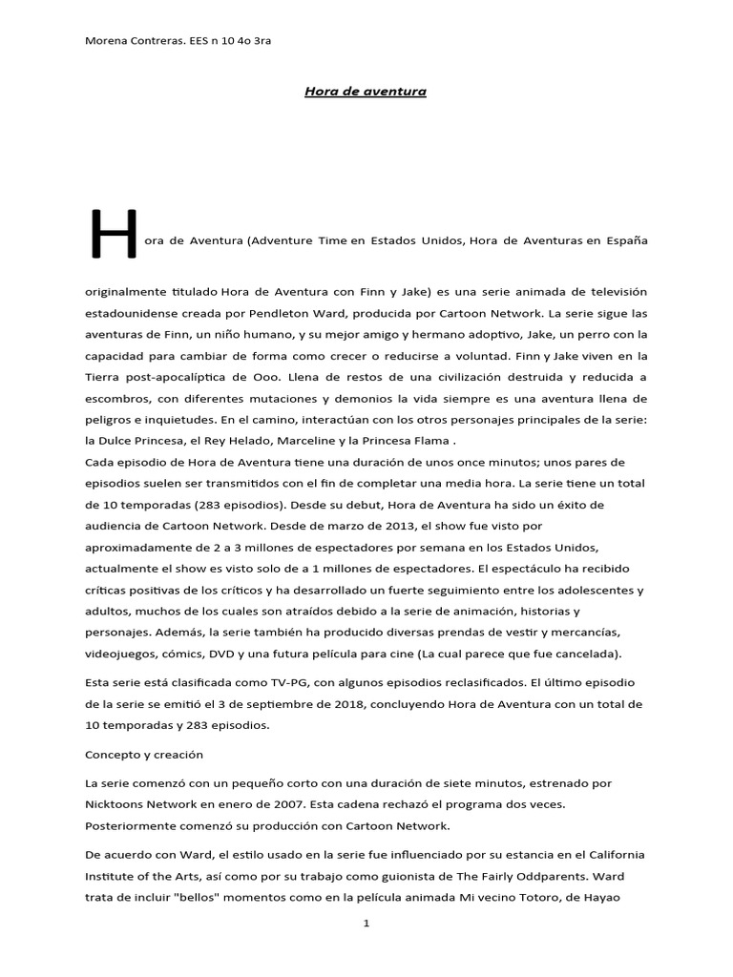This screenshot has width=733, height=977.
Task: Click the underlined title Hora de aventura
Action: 365,92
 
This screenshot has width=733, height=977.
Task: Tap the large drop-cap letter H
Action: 111,235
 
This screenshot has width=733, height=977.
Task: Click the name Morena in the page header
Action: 106,41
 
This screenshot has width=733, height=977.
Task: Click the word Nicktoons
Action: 114,803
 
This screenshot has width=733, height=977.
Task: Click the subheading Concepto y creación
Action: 144,754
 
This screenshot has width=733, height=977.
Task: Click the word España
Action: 626,241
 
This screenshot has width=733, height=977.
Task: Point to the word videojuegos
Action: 121,653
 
